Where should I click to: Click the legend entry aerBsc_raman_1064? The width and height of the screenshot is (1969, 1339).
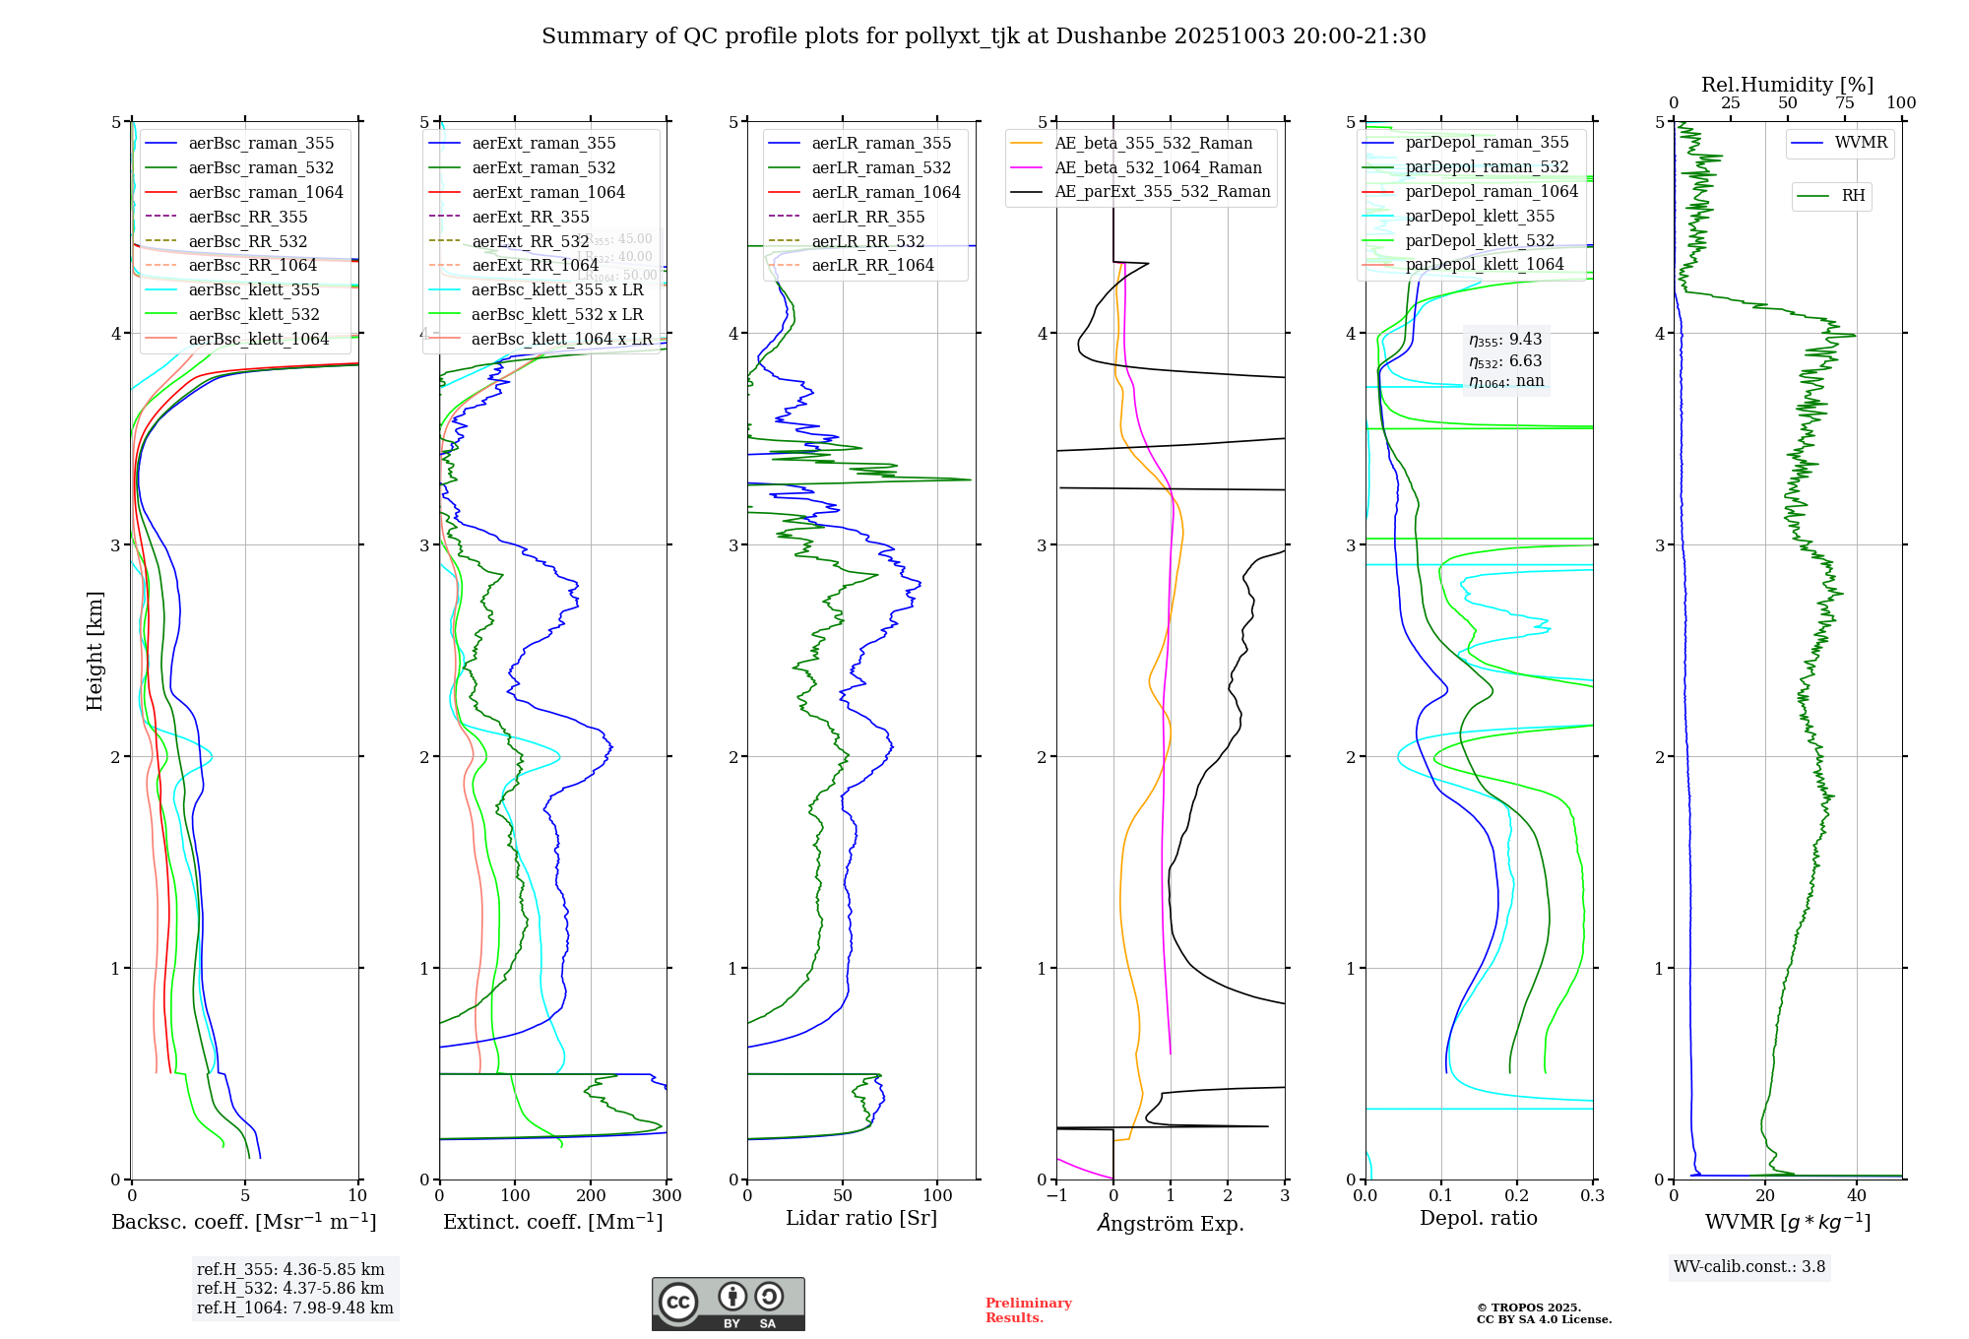[x=266, y=192]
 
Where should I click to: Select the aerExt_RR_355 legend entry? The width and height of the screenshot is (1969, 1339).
[x=531, y=217]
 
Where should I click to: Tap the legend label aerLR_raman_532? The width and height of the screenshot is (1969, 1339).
[x=881, y=168]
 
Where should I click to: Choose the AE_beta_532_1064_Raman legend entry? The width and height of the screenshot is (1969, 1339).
[x=1158, y=168]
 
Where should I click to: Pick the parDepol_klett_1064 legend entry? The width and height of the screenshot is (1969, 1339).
[x=1485, y=265]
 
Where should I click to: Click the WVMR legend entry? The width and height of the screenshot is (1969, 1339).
[x=1861, y=143]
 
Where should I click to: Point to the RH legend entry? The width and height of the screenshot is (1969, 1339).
[x=1853, y=196]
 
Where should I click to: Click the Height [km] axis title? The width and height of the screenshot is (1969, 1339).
[x=95, y=651]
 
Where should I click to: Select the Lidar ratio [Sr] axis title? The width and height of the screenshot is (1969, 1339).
[x=861, y=1218]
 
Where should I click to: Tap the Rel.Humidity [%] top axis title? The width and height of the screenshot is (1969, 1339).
[x=1787, y=85]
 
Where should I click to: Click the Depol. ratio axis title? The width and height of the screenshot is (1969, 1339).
[x=1478, y=1218]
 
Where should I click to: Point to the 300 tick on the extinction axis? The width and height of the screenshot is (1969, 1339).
[x=667, y=1196]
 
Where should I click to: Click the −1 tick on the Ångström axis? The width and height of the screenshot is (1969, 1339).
[x=1056, y=1196]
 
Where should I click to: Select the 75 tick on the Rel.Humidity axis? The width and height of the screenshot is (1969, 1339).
[x=1844, y=103]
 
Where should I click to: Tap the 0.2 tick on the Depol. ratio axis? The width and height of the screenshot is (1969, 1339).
[x=1517, y=1196]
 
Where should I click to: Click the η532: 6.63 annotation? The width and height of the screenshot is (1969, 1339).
[x=1505, y=361]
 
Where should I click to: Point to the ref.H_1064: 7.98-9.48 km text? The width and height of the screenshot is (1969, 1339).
[x=294, y=1308]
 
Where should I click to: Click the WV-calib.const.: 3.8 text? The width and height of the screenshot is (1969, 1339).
[x=1749, y=1267]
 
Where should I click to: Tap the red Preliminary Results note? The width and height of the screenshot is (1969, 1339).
[x=1028, y=1310]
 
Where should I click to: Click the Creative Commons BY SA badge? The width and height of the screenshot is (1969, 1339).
[x=728, y=1305]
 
